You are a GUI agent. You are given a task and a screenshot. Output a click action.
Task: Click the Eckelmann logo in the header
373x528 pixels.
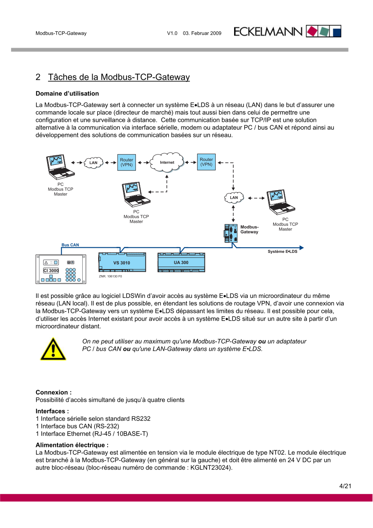[287, 31]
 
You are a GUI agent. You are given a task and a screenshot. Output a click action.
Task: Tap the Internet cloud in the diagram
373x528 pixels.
[167, 162]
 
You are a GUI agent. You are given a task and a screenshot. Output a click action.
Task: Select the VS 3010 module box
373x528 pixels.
[122, 262]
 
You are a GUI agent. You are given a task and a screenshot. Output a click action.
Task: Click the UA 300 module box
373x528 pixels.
[181, 262]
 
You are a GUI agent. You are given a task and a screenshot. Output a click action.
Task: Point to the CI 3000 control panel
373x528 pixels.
[61, 269]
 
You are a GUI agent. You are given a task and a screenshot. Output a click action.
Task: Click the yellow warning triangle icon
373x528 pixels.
[53, 349]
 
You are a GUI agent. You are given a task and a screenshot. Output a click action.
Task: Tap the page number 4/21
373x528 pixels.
[345, 486]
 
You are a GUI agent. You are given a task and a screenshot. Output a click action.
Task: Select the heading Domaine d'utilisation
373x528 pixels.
[67, 94]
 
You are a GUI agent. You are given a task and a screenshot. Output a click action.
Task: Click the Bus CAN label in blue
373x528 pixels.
[70, 245]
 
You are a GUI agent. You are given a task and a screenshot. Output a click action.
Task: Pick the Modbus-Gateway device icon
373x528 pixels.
[231, 233]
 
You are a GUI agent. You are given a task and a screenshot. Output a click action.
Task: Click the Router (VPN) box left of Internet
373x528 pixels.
[126, 162]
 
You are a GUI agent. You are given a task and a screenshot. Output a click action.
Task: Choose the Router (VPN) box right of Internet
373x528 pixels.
[206, 162]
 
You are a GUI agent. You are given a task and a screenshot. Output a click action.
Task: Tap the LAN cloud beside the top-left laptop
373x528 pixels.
[93, 163]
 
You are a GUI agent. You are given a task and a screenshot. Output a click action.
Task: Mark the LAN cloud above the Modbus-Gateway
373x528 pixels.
[234, 197]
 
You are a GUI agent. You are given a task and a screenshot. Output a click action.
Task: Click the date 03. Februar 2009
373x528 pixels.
[202, 33]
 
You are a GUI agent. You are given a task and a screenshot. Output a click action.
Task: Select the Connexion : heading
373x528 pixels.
[54, 392]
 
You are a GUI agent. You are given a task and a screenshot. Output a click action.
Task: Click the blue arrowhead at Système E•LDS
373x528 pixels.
[302, 248]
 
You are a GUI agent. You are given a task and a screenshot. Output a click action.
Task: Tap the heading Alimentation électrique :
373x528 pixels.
[72, 445]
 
